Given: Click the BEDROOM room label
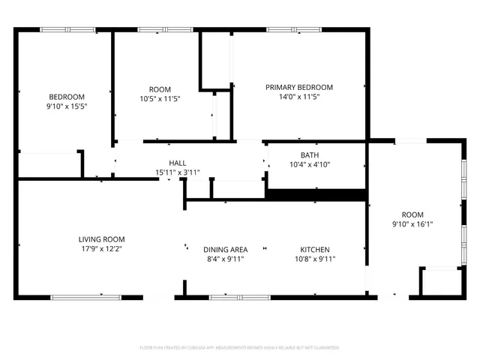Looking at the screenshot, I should (67, 96).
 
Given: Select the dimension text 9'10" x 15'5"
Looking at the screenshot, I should (67, 106).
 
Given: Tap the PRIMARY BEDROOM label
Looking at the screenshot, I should (299, 87).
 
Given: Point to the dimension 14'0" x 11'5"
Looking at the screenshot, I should (299, 97).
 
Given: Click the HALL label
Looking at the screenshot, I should (178, 163).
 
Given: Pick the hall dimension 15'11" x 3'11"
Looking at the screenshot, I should (178, 172).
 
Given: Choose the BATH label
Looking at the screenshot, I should (310, 155).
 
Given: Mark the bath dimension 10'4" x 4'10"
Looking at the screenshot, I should (310, 165).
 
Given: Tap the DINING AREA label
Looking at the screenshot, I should (226, 250).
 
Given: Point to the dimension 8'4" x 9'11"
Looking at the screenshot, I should (226, 259).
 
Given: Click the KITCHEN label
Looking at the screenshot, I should (315, 250).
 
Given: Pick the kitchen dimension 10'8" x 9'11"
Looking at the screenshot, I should (315, 259).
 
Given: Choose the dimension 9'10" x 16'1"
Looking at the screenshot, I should (412, 223).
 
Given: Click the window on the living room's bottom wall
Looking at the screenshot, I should (85, 297).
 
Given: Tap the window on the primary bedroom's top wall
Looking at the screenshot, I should (291, 30).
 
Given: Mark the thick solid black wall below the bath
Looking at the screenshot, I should (316, 195).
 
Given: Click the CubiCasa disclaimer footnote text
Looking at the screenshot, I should (240, 348).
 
